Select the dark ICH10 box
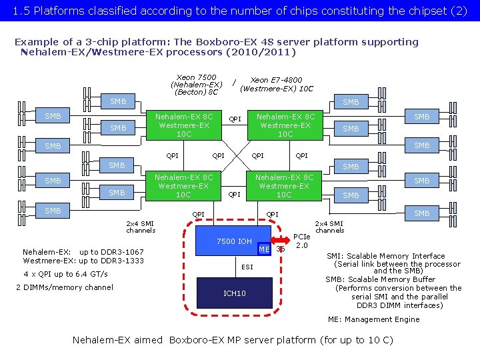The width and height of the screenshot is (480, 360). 234,293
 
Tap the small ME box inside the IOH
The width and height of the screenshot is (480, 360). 265,249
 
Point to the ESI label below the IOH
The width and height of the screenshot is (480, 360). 247,267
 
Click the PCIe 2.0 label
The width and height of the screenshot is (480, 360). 302,241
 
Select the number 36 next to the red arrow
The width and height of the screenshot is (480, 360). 281,249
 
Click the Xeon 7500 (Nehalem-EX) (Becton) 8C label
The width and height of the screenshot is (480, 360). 196,85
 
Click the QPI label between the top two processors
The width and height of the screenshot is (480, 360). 235,120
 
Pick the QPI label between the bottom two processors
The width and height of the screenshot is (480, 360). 234,195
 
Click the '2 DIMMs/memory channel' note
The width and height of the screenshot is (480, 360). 64,287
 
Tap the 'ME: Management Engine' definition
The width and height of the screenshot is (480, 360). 373,319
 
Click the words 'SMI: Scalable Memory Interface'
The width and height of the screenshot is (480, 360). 385,256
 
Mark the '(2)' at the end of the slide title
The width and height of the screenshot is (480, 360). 459,11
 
